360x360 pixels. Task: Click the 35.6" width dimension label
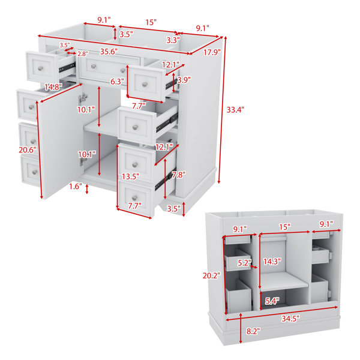pyautogui.click(x=109, y=52)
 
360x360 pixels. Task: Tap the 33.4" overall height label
pyautogui.click(x=235, y=110)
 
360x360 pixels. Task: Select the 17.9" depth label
pyautogui.click(x=212, y=53)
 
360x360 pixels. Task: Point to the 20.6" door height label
pyautogui.click(x=28, y=150)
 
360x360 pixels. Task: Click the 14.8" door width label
pyautogui.click(x=53, y=87)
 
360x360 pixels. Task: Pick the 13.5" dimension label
pyautogui.click(x=130, y=176)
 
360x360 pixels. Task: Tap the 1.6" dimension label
pyautogui.click(x=76, y=187)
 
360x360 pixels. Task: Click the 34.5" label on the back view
pyautogui.click(x=290, y=319)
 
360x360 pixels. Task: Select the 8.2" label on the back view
pyautogui.click(x=253, y=331)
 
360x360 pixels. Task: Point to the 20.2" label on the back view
pyautogui.click(x=211, y=275)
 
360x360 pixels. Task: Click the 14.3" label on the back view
pyautogui.click(x=272, y=262)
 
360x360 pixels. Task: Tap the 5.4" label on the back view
pyautogui.click(x=272, y=301)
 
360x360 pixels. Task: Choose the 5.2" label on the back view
pyautogui.click(x=245, y=263)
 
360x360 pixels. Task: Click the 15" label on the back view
pyautogui.click(x=285, y=227)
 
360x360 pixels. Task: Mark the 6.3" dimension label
pyautogui.click(x=118, y=81)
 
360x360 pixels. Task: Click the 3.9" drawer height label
pyautogui.click(x=184, y=80)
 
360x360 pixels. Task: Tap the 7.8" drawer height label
pyautogui.click(x=179, y=175)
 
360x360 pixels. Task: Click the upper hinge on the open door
pyautogui.click(x=83, y=98)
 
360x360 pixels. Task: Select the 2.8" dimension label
pyautogui.click(x=83, y=54)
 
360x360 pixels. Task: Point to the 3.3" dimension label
pyautogui.click(x=173, y=40)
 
